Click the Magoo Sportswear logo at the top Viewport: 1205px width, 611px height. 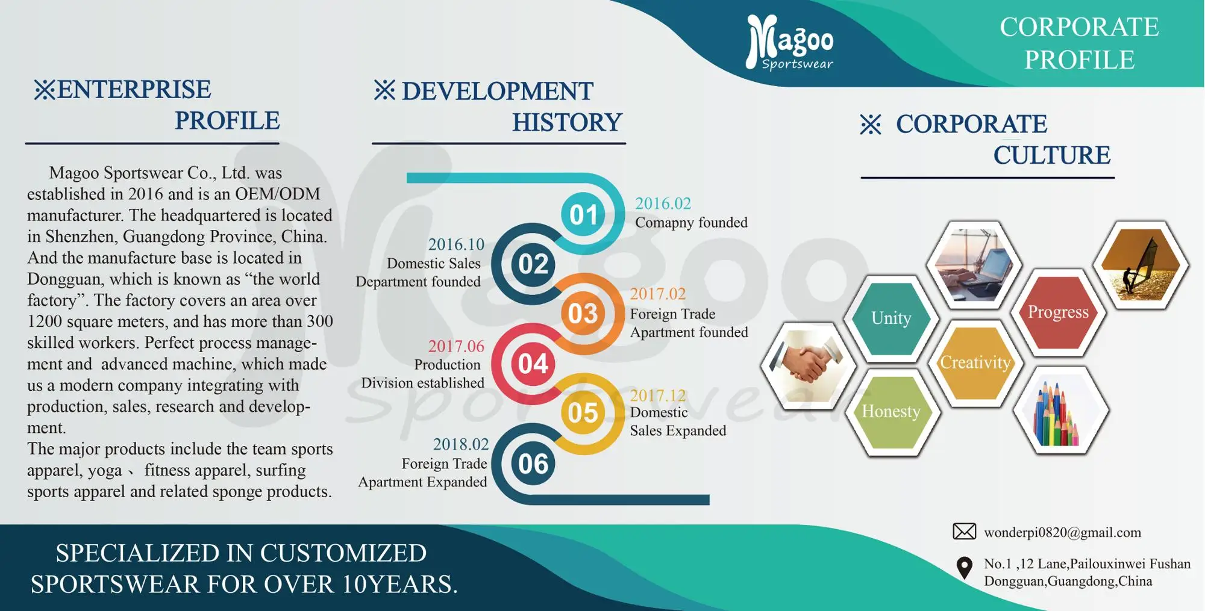point(789,42)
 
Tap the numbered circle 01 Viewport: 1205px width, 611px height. point(583,214)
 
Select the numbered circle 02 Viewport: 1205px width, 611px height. point(533,264)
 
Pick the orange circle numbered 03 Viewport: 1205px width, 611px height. point(583,313)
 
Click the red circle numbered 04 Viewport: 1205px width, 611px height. point(533,364)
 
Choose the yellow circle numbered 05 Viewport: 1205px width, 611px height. point(583,413)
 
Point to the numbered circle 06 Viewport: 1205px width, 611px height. point(533,464)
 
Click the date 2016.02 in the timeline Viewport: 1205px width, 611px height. point(663,203)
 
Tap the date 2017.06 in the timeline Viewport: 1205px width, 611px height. point(456,346)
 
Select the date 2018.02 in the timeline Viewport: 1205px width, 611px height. point(461,444)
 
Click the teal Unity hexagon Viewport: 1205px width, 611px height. point(891,318)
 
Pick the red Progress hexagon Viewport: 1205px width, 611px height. point(1058,312)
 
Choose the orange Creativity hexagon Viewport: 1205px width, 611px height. point(975,362)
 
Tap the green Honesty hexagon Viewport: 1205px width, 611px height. point(891,412)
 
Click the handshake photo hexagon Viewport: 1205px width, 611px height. point(808,365)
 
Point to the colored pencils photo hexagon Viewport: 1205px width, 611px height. point(1060,410)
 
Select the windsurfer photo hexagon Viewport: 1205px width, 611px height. point(1141,265)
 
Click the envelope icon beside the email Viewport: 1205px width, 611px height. point(964,532)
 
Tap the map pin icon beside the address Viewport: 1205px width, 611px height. point(964,568)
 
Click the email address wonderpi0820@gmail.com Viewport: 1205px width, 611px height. point(1062,533)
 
